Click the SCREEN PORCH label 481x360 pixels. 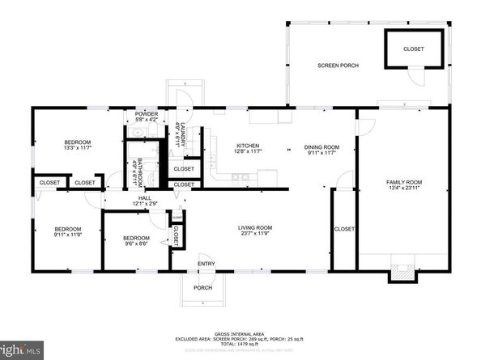click(337, 66)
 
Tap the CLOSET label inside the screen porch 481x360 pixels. click(414, 49)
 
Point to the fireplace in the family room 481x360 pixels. click(401, 273)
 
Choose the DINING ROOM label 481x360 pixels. click(321, 146)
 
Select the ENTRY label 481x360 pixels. click(206, 263)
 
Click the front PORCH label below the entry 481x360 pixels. click(202, 288)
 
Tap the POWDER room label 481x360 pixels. click(147, 114)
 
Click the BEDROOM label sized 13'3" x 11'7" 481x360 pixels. click(78, 143)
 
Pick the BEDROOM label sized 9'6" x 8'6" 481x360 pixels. click(136, 238)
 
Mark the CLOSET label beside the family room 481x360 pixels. click(344, 229)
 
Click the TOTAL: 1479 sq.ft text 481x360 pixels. click(240, 344)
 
